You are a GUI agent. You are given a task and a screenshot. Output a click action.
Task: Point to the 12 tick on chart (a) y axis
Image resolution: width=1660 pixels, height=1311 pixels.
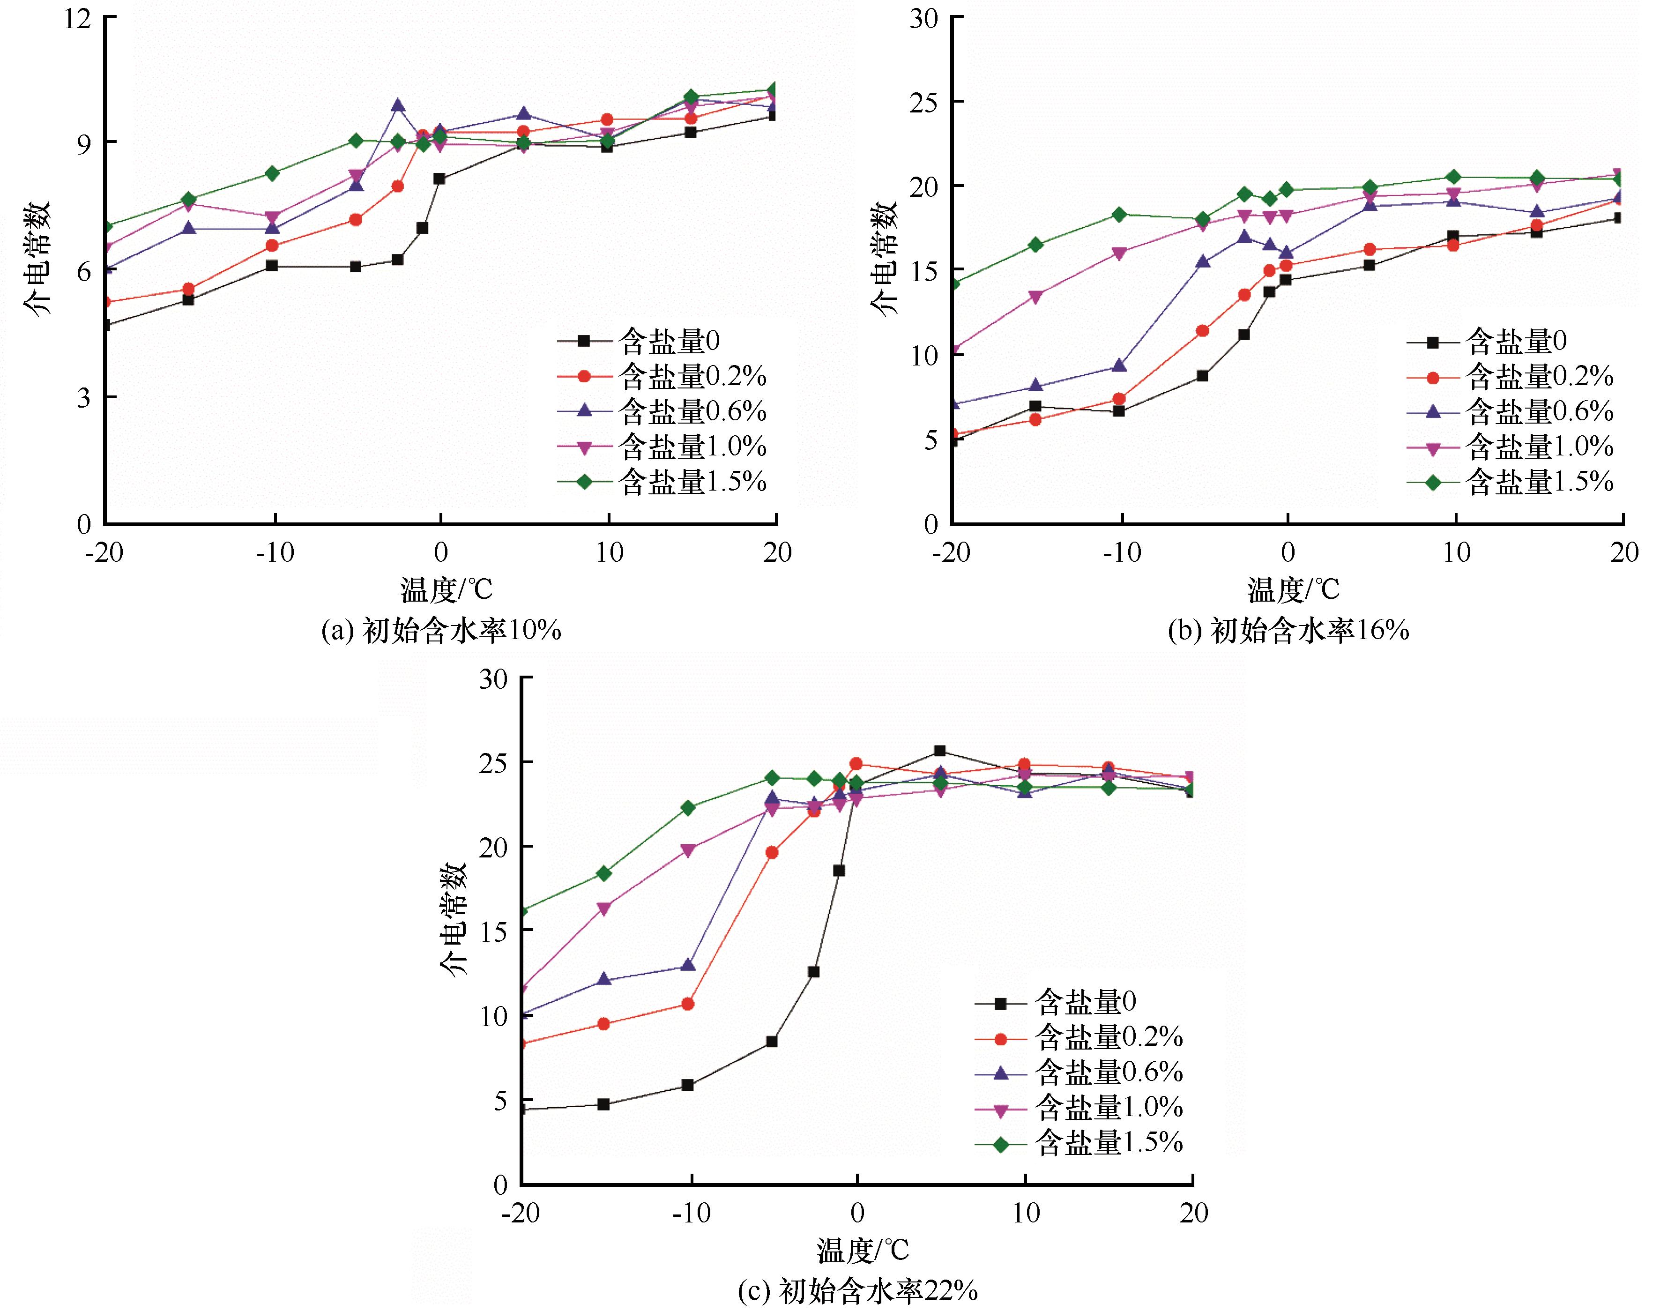pyautogui.click(x=77, y=18)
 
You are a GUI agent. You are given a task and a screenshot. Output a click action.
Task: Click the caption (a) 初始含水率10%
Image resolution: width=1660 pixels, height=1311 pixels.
pyautogui.click(x=441, y=631)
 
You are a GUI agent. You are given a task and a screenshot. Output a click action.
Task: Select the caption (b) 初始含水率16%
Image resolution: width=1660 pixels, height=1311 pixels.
pyautogui.click(x=1288, y=631)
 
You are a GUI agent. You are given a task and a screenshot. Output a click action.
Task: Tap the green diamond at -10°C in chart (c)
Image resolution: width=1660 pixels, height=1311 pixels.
pyautogui.click(x=688, y=807)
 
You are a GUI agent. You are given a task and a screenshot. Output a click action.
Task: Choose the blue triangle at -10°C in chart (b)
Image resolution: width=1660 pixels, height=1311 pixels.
pyautogui.click(x=1119, y=365)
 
